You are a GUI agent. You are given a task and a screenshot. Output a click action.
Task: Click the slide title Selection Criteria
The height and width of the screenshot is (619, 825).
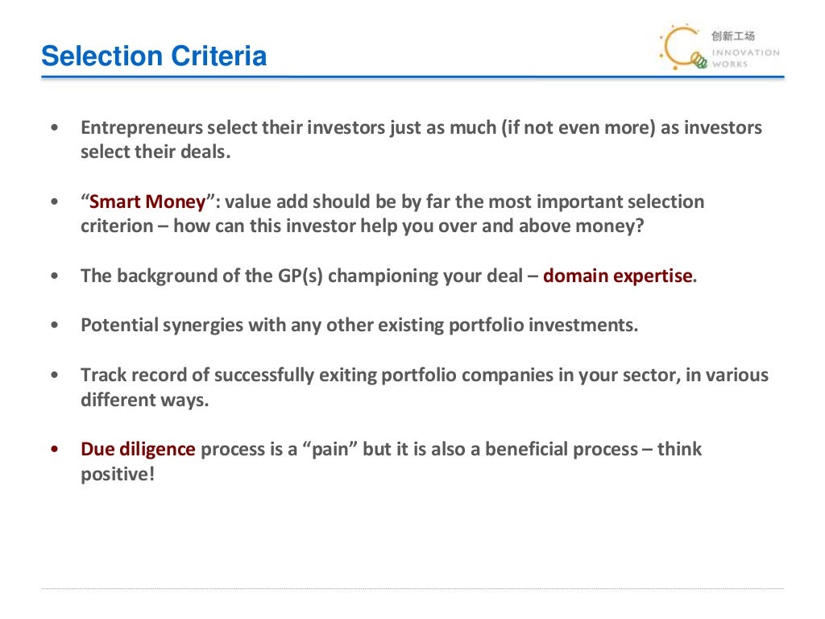pos(154,57)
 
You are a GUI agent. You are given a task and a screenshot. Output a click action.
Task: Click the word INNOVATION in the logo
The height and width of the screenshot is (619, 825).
pos(745,53)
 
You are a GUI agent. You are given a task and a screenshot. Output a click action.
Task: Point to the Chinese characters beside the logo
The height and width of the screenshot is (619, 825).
pos(733,35)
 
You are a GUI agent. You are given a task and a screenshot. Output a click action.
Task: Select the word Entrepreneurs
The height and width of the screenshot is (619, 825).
pos(140,128)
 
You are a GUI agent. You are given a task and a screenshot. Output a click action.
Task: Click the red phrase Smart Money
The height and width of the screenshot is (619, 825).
pos(147,202)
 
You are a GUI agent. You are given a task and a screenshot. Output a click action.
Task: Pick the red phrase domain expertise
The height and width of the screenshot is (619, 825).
pos(617,276)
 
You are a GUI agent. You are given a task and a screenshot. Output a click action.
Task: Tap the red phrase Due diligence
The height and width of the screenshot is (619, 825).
pos(138,450)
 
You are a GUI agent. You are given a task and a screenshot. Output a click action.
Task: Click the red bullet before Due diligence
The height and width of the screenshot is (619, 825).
pos(54,450)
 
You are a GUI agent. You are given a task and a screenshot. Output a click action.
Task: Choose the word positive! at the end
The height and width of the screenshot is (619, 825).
pos(117,474)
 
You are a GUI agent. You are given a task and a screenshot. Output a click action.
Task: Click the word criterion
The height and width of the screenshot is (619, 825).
pos(117,226)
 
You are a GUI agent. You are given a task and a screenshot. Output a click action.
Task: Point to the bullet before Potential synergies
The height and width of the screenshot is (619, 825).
pos(54,326)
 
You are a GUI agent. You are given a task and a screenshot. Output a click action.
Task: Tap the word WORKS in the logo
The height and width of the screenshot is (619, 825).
pos(730,64)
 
